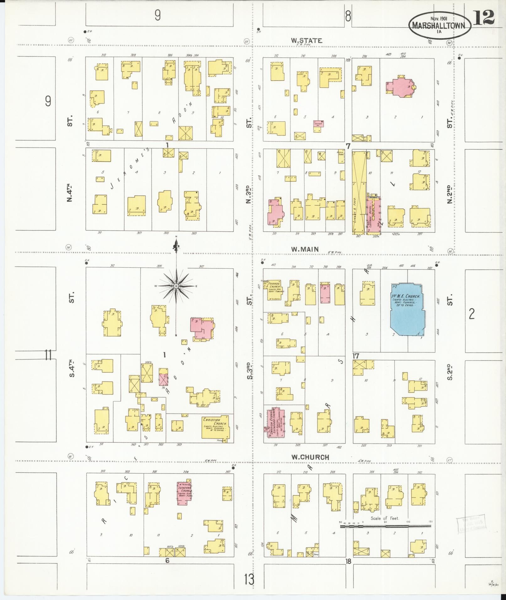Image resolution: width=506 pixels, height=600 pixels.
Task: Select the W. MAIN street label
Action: click(x=305, y=249)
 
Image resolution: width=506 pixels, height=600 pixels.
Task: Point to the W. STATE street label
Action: click(x=306, y=40)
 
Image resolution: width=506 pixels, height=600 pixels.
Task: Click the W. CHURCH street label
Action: click(x=310, y=457)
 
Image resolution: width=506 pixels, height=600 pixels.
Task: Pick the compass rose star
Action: click(x=176, y=286)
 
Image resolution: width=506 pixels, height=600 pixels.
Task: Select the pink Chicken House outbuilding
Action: click(x=319, y=124)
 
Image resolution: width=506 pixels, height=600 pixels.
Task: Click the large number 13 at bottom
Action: click(x=249, y=580)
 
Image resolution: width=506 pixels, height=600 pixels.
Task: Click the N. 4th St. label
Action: click(x=70, y=191)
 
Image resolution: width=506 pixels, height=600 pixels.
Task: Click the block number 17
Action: click(x=355, y=356)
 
